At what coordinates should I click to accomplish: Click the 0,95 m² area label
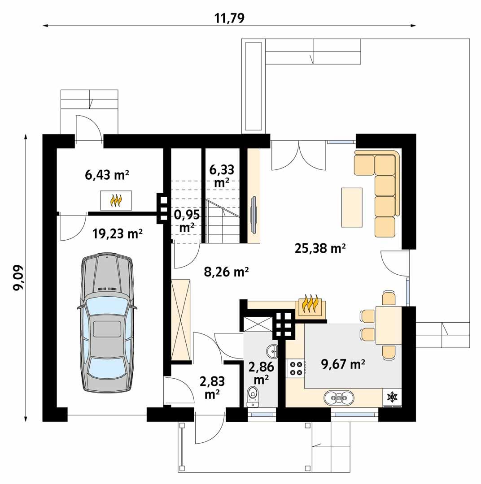[x=187, y=220]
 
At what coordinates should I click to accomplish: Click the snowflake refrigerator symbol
[x=392, y=397]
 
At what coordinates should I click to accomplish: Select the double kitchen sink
[x=340, y=397]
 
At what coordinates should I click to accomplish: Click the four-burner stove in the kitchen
[x=296, y=367]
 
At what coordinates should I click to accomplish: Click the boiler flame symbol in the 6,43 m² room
[x=116, y=200]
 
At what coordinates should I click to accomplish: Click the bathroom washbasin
[x=272, y=350]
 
